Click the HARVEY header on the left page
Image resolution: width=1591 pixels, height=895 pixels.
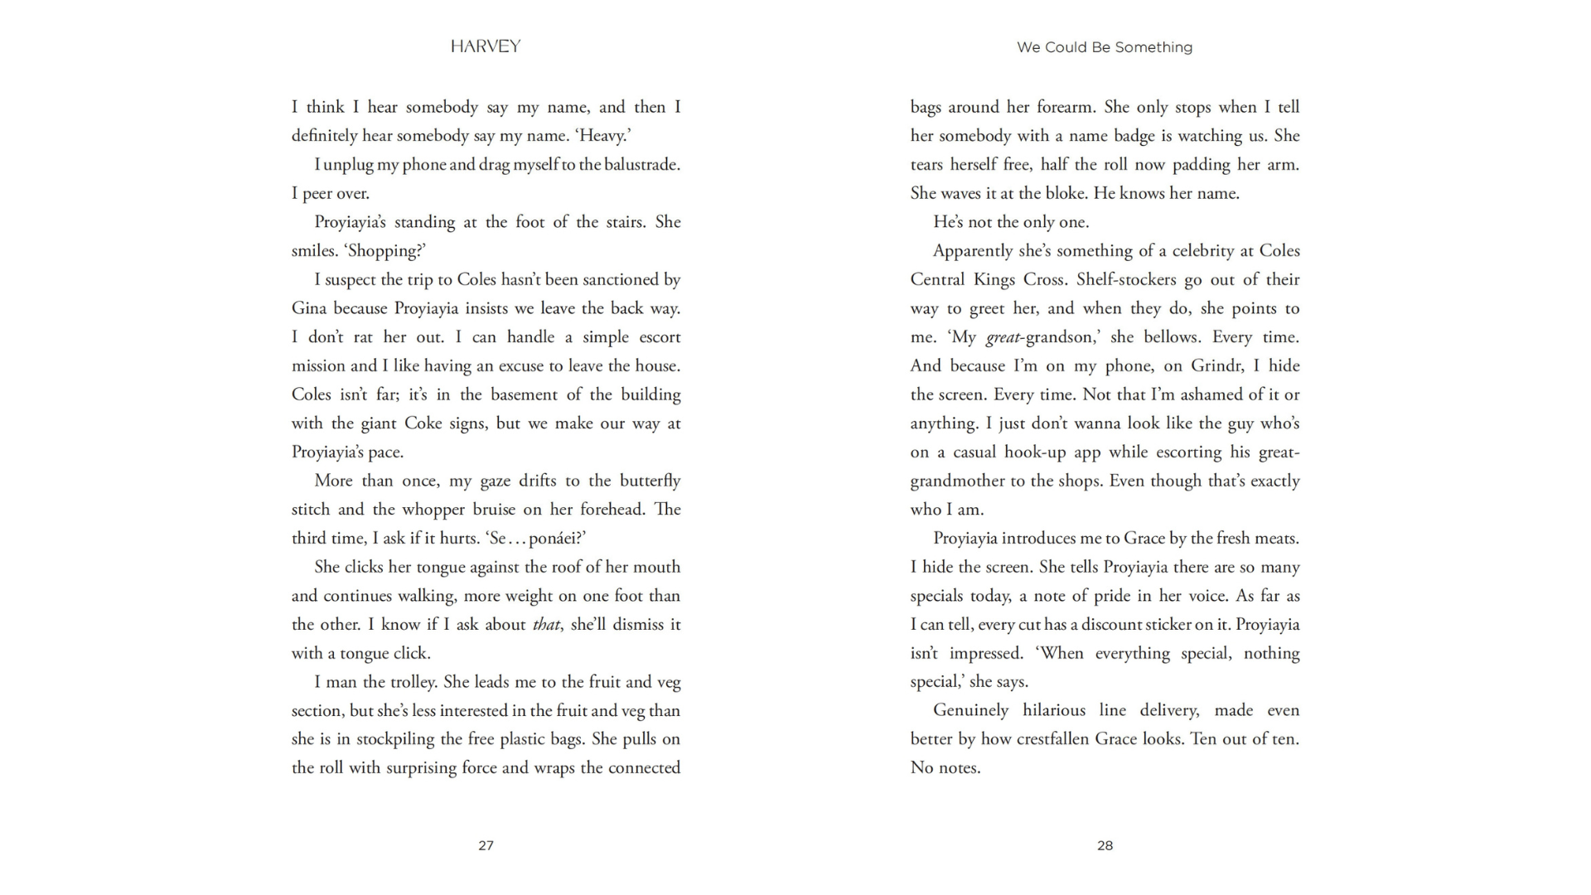point(486,46)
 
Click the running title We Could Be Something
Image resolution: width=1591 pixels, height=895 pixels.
point(1105,47)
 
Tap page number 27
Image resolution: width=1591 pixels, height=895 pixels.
point(486,845)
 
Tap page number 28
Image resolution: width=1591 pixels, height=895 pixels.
point(1105,845)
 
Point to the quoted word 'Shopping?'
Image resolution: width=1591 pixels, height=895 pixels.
point(384,251)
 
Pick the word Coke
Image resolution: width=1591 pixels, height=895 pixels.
point(423,423)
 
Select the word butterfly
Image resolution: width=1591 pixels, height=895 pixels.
point(650,481)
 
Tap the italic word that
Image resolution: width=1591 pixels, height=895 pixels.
point(546,625)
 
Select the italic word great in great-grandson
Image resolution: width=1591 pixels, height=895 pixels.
point(1003,337)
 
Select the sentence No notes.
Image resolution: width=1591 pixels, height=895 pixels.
point(945,768)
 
